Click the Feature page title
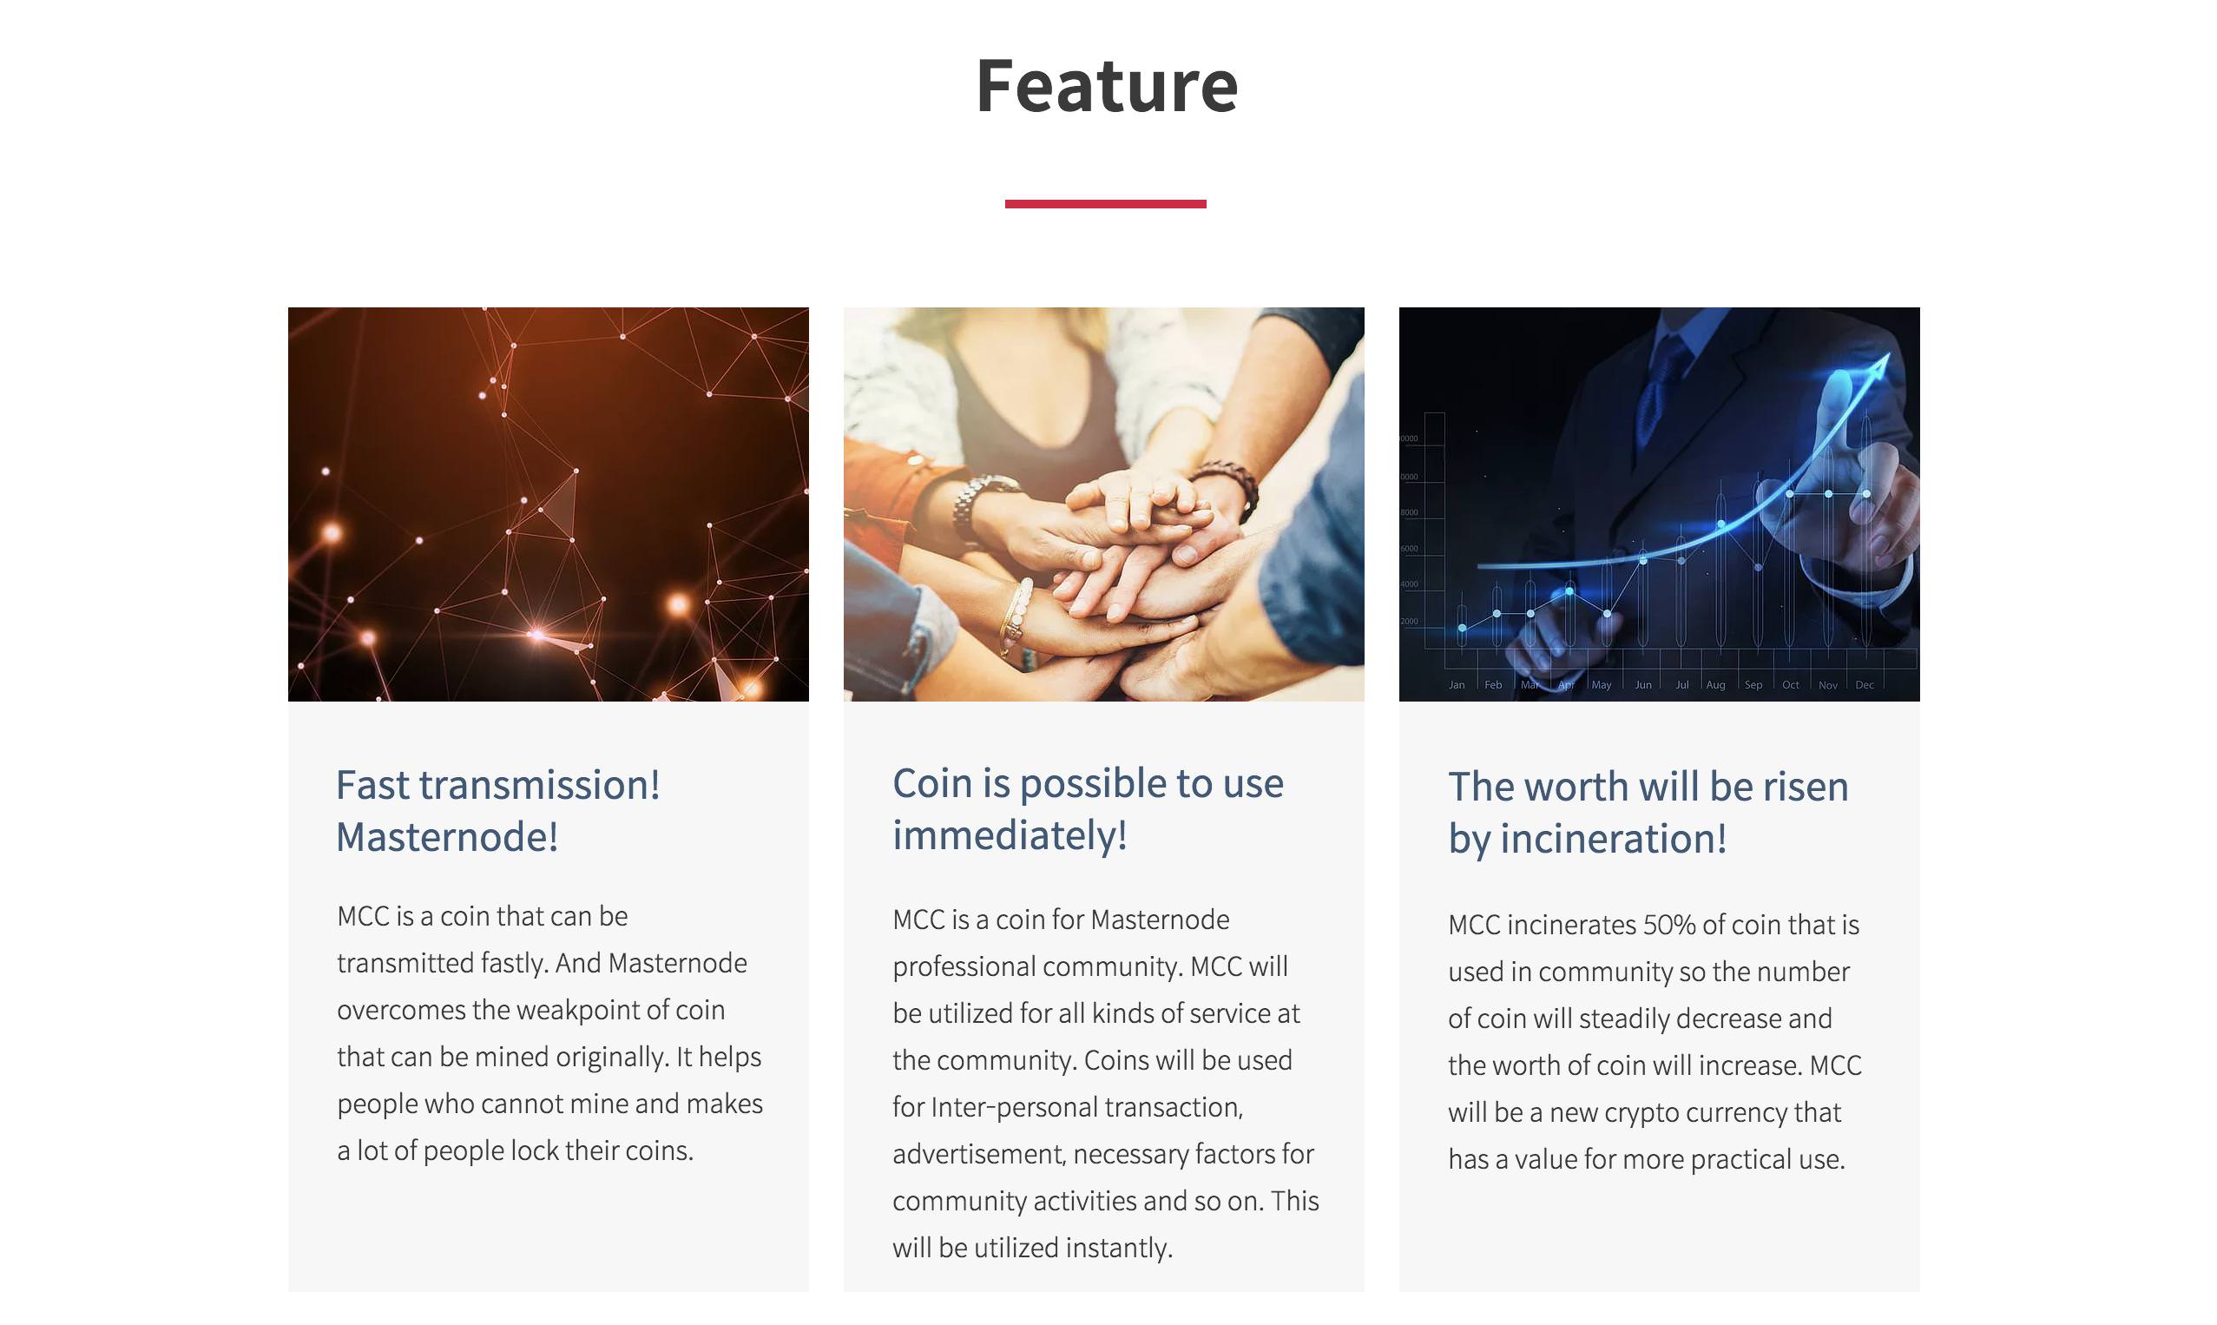[x=1107, y=86]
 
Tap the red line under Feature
[x=1105, y=203]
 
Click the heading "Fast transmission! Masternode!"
[x=498, y=811]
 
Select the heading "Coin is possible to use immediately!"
[x=1088, y=809]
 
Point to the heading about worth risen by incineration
[x=1648, y=813]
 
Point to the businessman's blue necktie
[x=1661, y=392]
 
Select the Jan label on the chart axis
[x=1457, y=685]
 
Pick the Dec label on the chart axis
[x=1865, y=685]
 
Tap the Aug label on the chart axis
[x=1715, y=685]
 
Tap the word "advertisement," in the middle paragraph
[x=979, y=1155]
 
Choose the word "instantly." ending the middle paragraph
[x=1119, y=1249]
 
